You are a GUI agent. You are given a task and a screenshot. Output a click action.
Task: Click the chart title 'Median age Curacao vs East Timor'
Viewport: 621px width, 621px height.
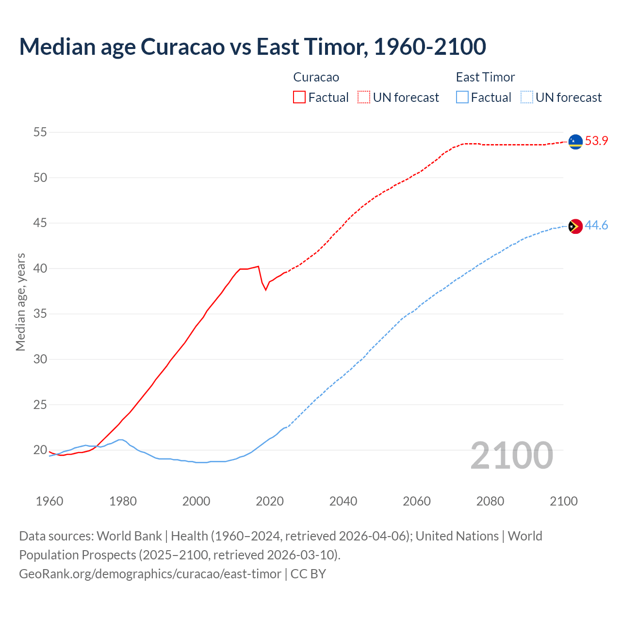[252, 47]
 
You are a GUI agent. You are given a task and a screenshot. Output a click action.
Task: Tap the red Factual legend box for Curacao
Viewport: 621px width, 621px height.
[299, 97]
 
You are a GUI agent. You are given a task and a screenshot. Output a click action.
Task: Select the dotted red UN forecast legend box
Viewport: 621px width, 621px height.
[364, 97]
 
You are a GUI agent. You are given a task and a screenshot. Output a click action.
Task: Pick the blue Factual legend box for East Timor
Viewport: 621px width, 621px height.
[462, 97]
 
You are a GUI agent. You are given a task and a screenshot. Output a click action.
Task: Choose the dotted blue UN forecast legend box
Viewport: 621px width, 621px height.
[527, 97]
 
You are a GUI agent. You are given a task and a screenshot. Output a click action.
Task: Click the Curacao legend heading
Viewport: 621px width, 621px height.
[316, 77]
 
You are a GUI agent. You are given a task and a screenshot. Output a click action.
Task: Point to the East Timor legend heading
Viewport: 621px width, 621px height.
[485, 77]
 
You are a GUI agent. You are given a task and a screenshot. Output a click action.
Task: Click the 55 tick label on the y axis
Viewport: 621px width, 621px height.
[40, 132]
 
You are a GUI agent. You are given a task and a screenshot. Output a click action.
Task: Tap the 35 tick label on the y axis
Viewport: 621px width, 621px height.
[40, 314]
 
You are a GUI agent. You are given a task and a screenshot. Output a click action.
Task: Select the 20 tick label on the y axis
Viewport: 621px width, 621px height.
[40, 450]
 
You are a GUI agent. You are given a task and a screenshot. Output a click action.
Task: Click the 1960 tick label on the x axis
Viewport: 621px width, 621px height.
[49, 501]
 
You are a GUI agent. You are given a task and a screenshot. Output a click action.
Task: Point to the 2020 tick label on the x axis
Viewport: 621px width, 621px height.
[270, 501]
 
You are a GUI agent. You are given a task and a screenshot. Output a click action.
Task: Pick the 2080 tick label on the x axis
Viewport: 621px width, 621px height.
[490, 501]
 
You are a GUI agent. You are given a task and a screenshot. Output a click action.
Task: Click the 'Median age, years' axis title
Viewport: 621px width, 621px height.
[20, 302]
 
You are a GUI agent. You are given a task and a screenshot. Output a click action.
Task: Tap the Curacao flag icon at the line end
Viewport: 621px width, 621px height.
[575, 142]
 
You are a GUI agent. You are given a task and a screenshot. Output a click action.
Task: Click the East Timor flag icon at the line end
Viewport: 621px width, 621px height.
[575, 226]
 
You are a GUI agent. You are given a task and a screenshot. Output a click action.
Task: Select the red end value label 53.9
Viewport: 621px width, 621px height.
[596, 141]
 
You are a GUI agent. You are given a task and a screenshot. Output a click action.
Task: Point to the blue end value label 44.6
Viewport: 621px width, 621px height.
[596, 226]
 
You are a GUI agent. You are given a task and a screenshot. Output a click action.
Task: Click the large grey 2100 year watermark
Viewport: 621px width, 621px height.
[512, 455]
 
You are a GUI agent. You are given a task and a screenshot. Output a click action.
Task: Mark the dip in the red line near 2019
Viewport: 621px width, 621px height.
[265, 290]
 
